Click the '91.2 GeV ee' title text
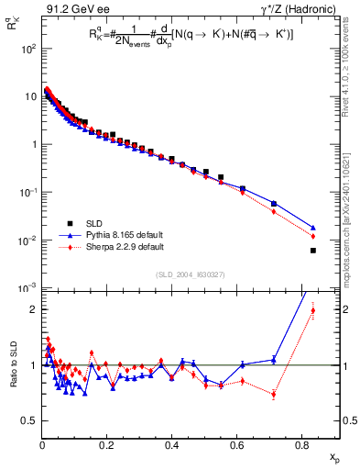point(72,9)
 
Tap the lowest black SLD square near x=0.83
point(313,251)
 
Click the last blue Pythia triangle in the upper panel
point(313,228)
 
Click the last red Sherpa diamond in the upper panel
point(313,237)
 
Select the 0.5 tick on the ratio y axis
point(29,420)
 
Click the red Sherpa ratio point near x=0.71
point(274,395)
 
